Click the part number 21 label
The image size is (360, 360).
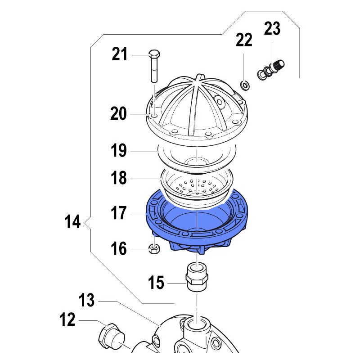click(119, 54)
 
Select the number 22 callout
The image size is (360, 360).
click(244, 40)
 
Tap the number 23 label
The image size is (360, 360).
click(272, 28)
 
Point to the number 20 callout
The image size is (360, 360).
click(118, 113)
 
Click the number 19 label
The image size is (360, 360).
click(118, 150)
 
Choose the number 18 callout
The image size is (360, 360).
click(118, 178)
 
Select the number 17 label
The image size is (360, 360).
click(118, 213)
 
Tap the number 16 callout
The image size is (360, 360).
click(118, 248)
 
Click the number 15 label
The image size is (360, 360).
click(156, 283)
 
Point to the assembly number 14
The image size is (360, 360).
click(72, 221)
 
